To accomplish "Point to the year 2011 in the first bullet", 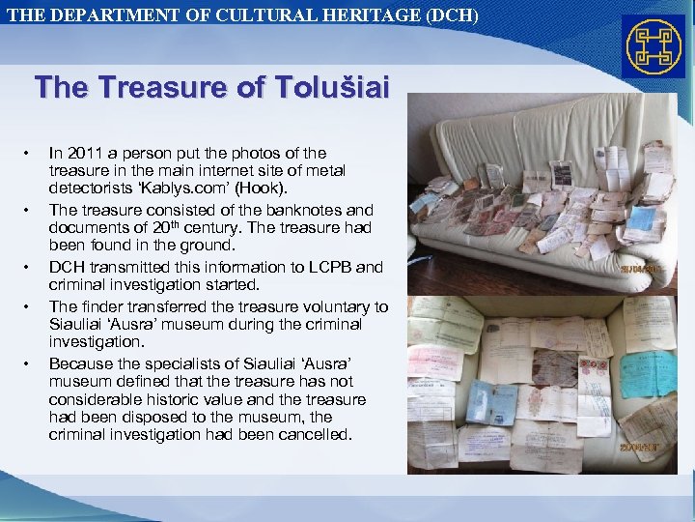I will pos(84,153).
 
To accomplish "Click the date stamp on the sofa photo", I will pos(639,269).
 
